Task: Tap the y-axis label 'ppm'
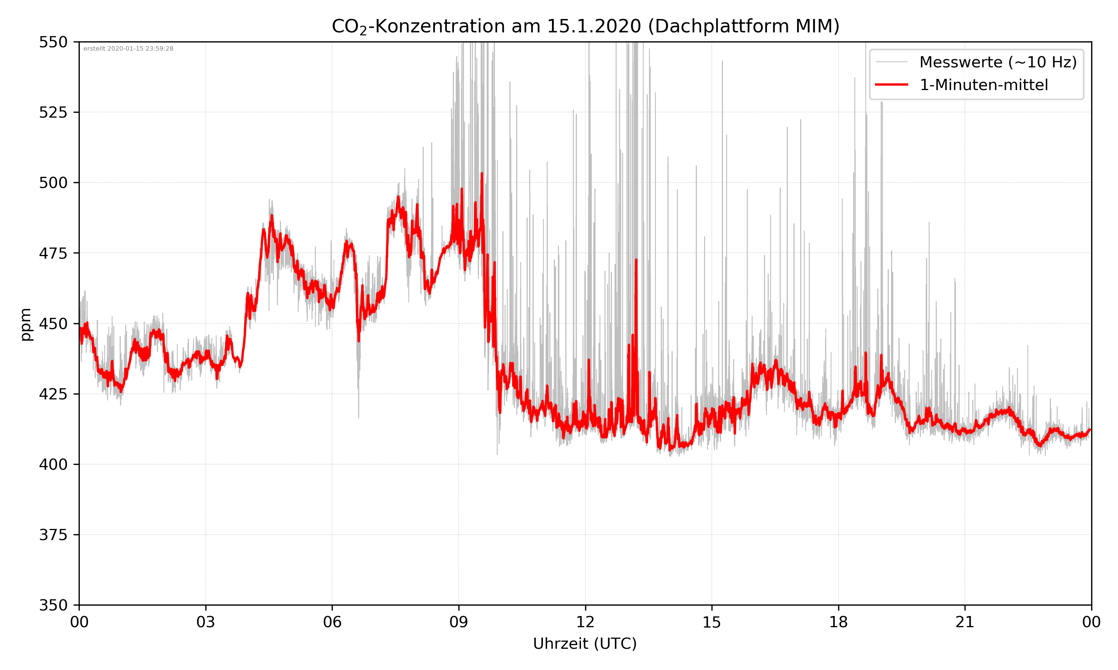point(26,324)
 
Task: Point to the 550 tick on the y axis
point(53,42)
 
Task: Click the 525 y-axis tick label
point(53,112)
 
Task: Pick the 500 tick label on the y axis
point(53,183)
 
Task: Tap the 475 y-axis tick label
point(53,253)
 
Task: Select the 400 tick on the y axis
point(53,465)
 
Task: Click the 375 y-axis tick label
point(53,535)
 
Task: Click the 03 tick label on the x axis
point(206,622)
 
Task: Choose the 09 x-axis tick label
point(459,622)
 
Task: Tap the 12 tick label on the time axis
point(585,622)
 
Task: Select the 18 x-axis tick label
point(838,622)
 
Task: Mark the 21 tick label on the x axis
point(965,622)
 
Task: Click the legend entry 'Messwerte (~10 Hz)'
point(998,62)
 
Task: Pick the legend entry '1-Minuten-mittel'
point(984,85)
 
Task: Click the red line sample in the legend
point(891,85)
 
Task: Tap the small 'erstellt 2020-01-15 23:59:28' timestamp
point(128,49)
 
